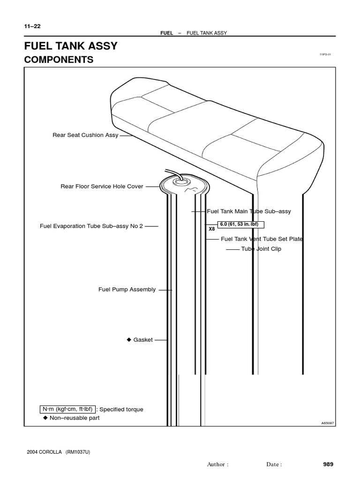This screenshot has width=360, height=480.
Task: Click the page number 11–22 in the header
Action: coord(32,26)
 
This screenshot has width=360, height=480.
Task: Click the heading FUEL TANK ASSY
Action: coord(70,46)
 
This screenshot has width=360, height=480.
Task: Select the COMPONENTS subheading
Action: coord(59,60)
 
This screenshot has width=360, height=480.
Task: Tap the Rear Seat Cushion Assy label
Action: coord(85,135)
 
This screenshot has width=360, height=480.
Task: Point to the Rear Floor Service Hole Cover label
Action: coord(102,186)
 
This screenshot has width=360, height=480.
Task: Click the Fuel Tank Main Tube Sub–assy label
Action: coord(249,211)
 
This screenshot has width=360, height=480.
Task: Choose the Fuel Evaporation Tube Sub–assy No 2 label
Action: coord(91,226)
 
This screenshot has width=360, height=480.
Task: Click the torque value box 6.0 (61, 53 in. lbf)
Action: coord(239,224)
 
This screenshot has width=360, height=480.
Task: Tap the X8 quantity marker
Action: coord(212,229)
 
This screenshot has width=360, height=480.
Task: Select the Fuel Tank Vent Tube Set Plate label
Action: coord(262,239)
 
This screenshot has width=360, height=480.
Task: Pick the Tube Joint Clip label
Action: coord(261,249)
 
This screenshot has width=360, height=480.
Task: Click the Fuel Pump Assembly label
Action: coord(127,290)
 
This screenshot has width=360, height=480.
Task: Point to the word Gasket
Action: coord(143,340)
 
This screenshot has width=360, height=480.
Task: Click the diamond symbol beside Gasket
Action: coord(128,340)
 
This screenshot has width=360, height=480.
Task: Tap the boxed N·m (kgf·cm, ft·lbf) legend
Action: coord(67,409)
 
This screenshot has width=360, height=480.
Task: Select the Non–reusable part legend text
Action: coord(75,418)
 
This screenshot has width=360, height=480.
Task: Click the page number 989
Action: coord(328,465)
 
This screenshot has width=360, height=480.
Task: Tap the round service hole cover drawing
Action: coord(184,186)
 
